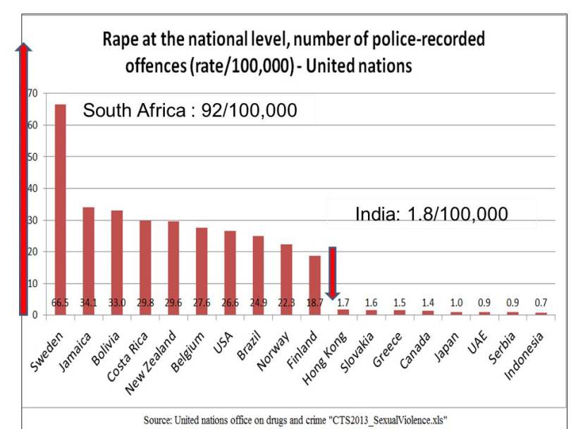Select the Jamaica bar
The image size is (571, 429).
[x=89, y=260]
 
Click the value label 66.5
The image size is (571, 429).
[x=61, y=303]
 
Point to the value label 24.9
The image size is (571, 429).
[x=258, y=303]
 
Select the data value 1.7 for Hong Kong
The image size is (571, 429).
[x=343, y=303]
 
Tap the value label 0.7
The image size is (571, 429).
[x=540, y=303]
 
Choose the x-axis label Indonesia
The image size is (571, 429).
[x=525, y=353]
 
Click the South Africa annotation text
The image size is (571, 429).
[x=190, y=111]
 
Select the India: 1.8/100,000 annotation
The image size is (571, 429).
[x=431, y=214]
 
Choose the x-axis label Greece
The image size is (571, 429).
[x=388, y=346]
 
